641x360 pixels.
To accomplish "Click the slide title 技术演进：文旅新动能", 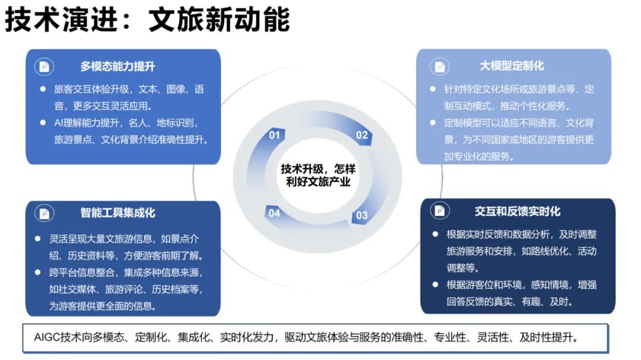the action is click(x=147, y=20).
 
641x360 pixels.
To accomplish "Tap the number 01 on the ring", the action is click(x=274, y=135).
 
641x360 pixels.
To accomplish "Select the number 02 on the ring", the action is click(x=362, y=135).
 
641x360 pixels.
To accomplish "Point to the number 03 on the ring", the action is click(x=361, y=215).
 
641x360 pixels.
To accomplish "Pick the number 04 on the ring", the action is click(x=274, y=213).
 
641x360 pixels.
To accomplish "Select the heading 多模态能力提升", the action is click(x=118, y=66).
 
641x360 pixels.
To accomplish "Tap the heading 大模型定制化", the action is click(x=512, y=66).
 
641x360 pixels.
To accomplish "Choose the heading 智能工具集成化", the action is click(x=118, y=212).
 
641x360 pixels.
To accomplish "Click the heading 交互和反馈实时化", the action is click(x=517, y=211).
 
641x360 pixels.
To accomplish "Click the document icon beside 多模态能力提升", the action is click(x=43, y=66).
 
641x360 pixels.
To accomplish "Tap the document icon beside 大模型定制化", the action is click(x=439, y=66).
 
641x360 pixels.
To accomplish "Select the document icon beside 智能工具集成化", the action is click(x=43, y=213).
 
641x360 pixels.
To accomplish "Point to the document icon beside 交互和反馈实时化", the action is click(x=439, y=211).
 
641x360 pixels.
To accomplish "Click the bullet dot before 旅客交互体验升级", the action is click(x=43, y=89).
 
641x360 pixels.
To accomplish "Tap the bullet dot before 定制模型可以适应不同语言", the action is click(x=433, y=123).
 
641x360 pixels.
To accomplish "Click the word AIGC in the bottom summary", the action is click(x=47, y=337).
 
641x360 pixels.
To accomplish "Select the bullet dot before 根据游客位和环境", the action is click(x=435, y=284).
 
